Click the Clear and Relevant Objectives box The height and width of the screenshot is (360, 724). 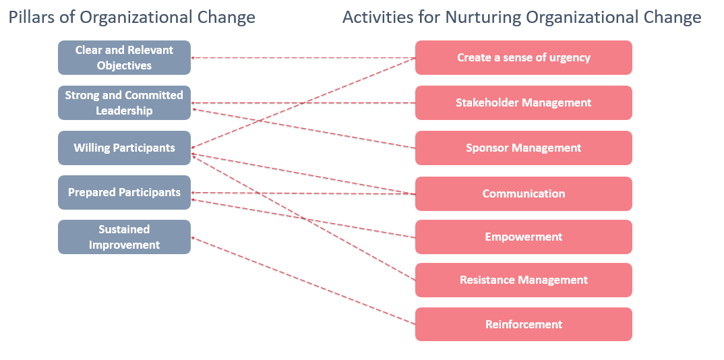pos(124,58)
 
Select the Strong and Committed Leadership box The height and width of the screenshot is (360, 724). pos(124,103)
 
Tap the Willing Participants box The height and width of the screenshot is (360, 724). pos(124,148)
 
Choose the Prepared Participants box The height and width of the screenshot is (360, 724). pos(124,192)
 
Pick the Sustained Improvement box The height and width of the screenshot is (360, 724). pos(124,237)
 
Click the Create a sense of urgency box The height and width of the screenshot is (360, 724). pos(524,58)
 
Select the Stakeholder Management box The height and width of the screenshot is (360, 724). pos(524,103)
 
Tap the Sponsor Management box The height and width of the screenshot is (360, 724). pos(524,148)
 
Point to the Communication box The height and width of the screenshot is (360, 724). pos(524,193)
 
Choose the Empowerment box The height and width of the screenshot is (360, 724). pos(524,237)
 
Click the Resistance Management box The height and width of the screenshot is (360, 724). pos(524,280)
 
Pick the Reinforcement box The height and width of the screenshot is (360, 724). pos(524,324)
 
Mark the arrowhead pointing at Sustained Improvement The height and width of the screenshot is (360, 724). pos(193,238)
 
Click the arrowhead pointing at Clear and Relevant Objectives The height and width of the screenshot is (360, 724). pos(193,58)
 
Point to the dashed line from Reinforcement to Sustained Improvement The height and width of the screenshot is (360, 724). pos(303,280)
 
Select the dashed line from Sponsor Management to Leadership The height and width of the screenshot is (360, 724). pos(303,128)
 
